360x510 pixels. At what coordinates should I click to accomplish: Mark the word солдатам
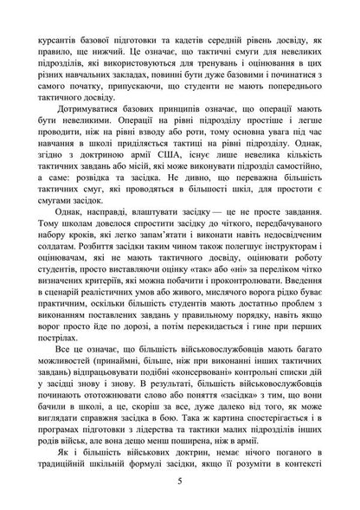[x=48, y=259]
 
